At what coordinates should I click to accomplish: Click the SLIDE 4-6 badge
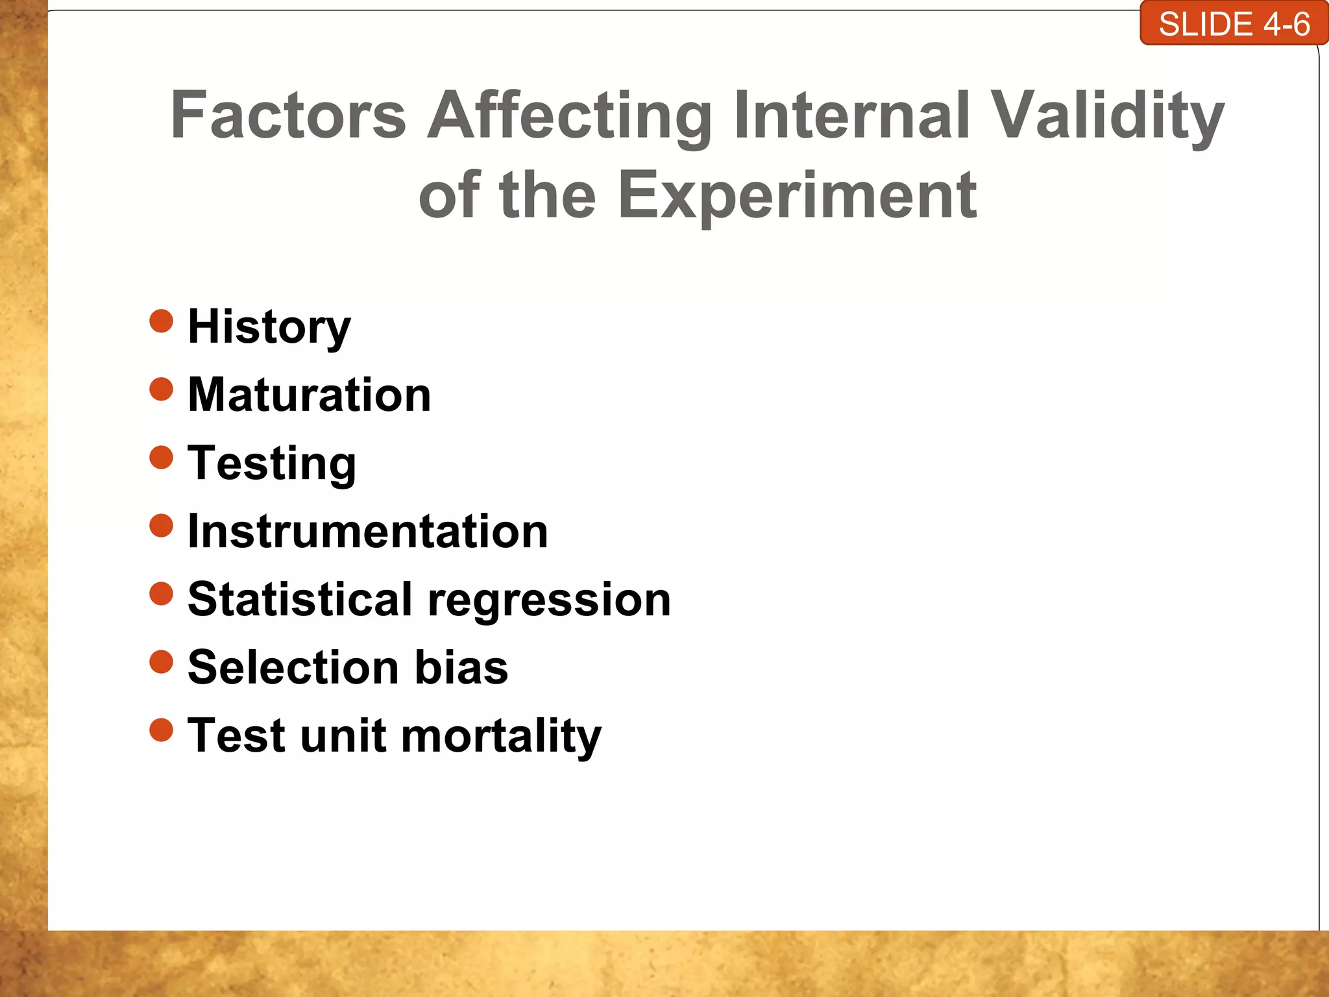[1234, 24]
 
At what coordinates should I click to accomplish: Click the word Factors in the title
[288, 115]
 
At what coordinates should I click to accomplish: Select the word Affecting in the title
[570, 115]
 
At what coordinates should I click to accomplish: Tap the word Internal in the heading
[852, 115]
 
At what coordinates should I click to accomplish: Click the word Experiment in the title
[797, 195]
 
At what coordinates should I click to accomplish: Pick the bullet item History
[269, 326]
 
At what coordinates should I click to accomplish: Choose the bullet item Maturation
[309, 395]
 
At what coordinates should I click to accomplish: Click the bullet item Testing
[271, 463]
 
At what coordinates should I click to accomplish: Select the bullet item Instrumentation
[367, 532]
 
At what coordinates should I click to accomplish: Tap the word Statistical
[300, 599]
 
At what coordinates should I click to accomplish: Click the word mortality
[501, 737]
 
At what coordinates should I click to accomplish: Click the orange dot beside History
[161, 321]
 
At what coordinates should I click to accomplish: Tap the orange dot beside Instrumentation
[161, 526]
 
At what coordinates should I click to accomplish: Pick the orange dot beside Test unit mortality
[161, 730]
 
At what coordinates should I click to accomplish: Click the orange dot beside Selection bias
[161, 662]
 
